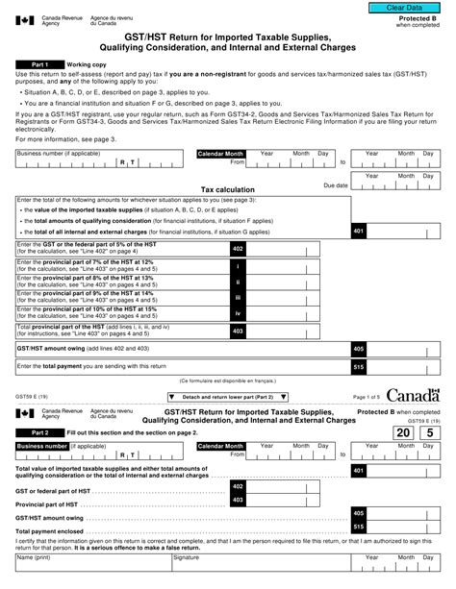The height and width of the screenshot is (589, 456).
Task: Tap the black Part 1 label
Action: (35, 64)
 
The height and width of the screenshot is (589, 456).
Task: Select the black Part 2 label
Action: (35, 433)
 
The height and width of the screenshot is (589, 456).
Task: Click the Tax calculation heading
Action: (227, 190)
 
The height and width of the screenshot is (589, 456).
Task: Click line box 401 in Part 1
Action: (358, 232)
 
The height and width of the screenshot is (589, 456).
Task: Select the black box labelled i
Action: (238, 265)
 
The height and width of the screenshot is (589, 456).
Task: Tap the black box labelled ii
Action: (238, 282)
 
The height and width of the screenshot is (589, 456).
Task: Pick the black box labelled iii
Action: (238, 299)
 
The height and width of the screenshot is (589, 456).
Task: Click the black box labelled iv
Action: (238, 314)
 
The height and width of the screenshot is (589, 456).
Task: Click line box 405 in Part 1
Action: (358, 349)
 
